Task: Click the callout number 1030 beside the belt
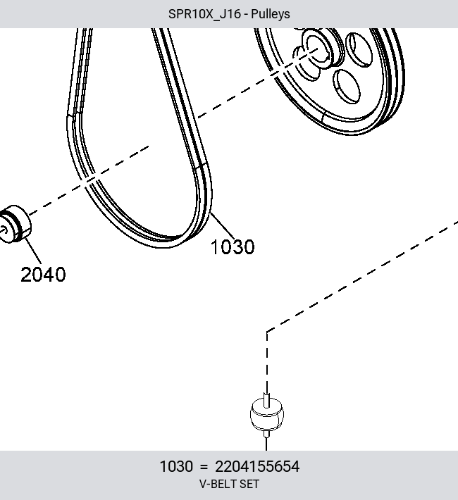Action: point(233,246)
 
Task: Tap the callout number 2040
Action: point(43,274)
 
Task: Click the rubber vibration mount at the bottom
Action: point(267,414)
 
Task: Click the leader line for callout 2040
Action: point(33,251)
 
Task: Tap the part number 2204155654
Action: point(257,466)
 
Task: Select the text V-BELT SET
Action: point(229,484)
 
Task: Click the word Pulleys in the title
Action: point(271,14)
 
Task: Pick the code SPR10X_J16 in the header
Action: point(204,14)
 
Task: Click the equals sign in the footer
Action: point(204,467)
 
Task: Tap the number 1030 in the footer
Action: point(176,466)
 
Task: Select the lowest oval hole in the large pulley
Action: point(347,87)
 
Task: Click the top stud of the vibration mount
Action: point(267,400)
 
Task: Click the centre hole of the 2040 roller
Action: point(4,230)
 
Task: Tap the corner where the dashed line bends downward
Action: point(267,332)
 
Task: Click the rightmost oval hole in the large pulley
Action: point(361,50)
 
